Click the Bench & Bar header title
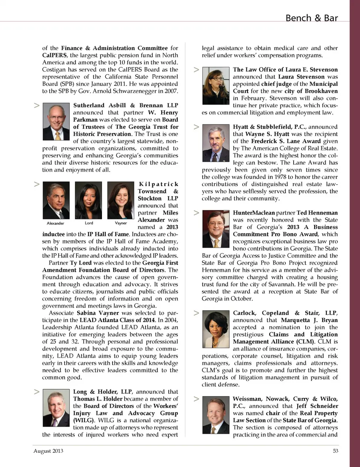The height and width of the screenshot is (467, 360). click(x=311, y=18)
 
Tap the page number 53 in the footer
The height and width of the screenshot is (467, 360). click(x=335, y=451)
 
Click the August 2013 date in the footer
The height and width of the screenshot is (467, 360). click(x=48, y=451)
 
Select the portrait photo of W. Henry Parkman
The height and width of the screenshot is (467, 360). click(x=56, y=122)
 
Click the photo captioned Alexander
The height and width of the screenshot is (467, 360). click(x=56, y=200)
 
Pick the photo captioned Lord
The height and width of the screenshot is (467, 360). click(x=88, y=200)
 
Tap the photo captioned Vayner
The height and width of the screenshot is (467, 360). click(x=121, y=200)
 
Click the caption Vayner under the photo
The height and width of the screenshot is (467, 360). click(x=121, y=223)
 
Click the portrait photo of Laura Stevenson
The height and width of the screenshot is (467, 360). click(x=216, y=86)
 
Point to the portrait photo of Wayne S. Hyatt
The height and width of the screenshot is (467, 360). click(x=216, y=143)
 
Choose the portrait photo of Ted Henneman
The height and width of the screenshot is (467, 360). click(x=216, y=229)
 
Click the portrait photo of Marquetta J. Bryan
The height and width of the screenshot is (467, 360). click(x=216, y=329)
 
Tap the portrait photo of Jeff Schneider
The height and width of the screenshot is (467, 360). click(x=216, y=415)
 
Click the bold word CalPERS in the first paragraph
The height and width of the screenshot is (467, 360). click(x=55, y=55)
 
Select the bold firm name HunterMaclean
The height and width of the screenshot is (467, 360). click(x=253, y=213)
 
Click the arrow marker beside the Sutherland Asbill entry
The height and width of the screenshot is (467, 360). click(x=37, y=105)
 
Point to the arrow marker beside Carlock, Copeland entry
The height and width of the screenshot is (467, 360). click(x=196, y=313)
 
